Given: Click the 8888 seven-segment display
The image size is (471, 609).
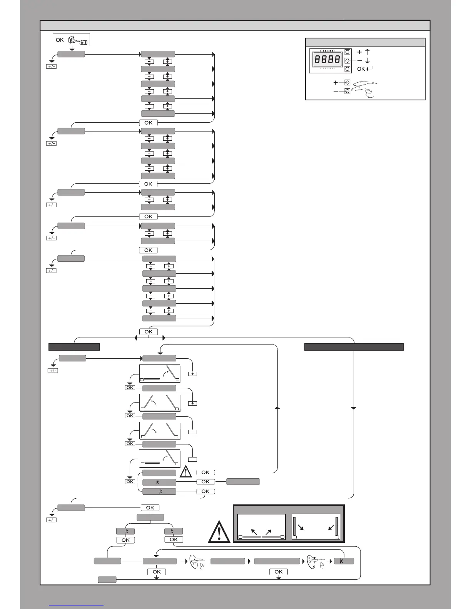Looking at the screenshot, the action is tap(327, 59).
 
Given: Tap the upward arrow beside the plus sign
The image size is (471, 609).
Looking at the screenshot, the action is tap(367, 52).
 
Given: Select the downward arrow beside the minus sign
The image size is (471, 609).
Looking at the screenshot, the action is tap(367, 61).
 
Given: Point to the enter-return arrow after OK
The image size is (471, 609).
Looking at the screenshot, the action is tap(369, 69).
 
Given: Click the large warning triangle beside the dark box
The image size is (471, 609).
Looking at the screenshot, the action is tap(219, 532).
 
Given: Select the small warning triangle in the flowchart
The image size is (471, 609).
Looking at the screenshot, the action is tap(186, 471).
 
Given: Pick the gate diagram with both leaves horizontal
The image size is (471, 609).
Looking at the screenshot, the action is tap(261, 527).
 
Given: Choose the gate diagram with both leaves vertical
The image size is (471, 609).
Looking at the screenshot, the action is tap(316, 527).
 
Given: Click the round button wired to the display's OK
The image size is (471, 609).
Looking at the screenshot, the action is tap(347, 69).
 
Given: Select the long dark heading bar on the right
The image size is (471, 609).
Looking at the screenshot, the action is tap(354, 347).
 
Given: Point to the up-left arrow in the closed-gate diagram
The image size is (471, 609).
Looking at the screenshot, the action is tap(254, 532).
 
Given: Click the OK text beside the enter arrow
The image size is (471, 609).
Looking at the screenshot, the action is tap(361, 69).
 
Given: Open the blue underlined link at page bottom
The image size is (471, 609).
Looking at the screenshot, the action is tap(76, 606).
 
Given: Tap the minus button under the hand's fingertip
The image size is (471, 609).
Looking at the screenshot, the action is tap(347, 91).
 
